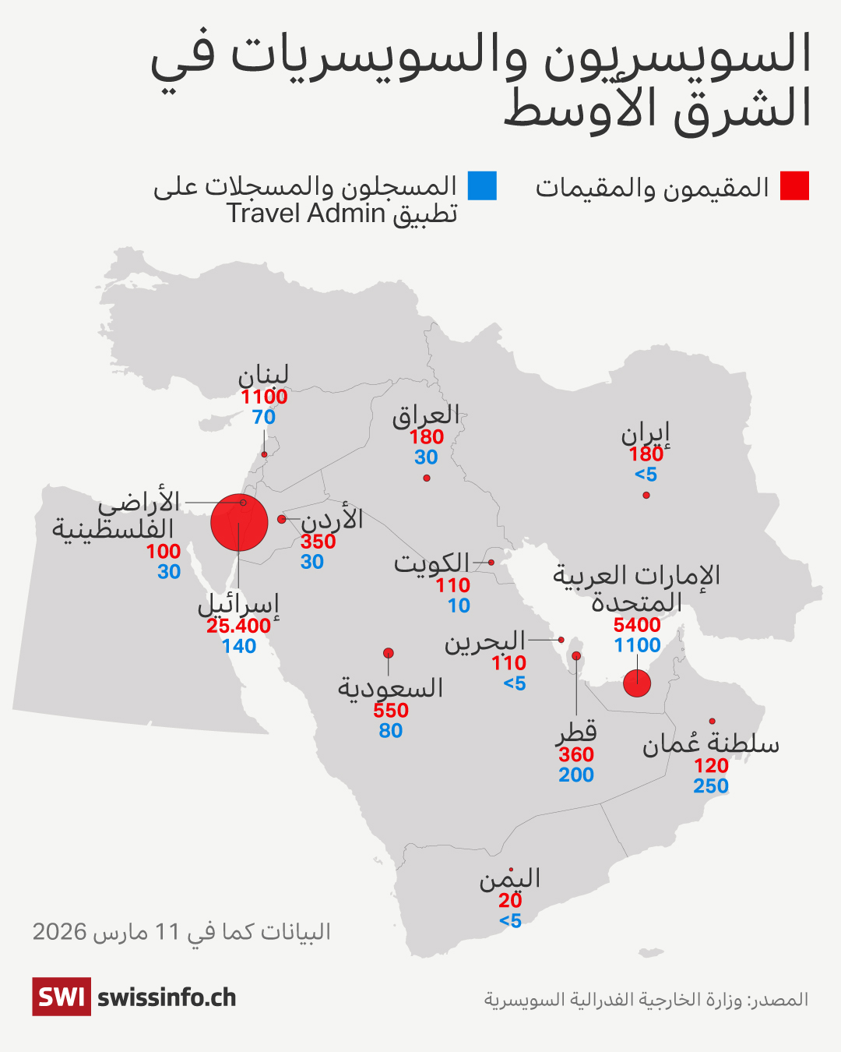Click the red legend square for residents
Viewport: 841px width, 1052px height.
(x=794, y=186)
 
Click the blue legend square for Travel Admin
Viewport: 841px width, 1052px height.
(x=482, y=186)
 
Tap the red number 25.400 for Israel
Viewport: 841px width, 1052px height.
(x=238, y=626)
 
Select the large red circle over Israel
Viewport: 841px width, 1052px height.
(x=239, y=522)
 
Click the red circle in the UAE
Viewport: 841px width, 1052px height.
(x=637, y=683)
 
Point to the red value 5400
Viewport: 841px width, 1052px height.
(x=637, y=625)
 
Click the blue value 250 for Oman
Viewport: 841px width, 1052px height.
(x=711, y=786)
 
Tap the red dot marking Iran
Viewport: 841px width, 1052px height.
(x=646, y=495)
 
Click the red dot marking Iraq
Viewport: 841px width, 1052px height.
(x=427, y=478)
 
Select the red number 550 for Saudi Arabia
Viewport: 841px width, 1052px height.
(x=391, y=711)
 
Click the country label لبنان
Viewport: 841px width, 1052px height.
(x=263, y=376)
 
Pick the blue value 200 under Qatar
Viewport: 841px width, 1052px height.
(x=576, y=775)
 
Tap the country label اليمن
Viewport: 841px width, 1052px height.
(x=510, y=879)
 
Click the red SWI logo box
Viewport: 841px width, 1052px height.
(x=62, y=997)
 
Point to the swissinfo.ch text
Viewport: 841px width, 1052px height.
(x=167, y=997)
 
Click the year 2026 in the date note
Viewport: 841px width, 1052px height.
(x=59, y=932)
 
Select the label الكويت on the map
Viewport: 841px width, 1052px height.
(x=431, y=563)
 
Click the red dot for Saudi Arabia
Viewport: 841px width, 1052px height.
(x=389, y=653)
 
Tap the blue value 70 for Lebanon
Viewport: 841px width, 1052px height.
(x=264, y=417)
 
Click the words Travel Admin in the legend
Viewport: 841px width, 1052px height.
(x=306, y=214)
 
